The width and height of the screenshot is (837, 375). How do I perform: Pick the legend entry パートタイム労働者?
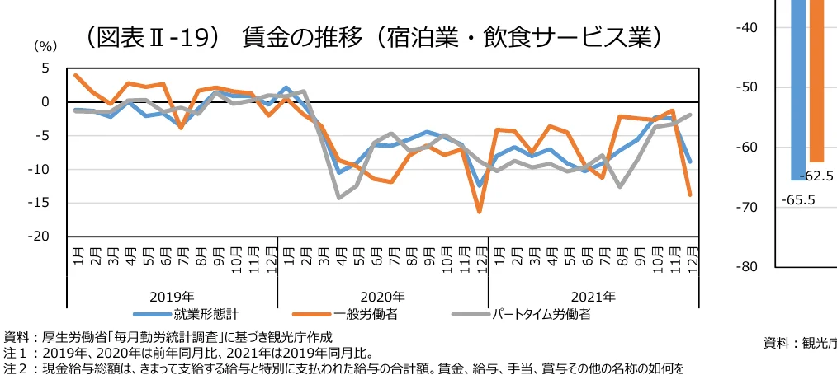click(541, 314)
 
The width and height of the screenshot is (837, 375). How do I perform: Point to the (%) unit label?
click(44, 48)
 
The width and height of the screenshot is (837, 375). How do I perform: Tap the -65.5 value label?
click(797, 199)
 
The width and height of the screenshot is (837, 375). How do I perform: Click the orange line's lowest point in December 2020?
click(480, 212)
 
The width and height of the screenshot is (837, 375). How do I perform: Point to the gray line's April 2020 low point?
click(339, 198)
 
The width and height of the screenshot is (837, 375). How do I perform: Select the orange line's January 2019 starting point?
click(76, 75)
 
